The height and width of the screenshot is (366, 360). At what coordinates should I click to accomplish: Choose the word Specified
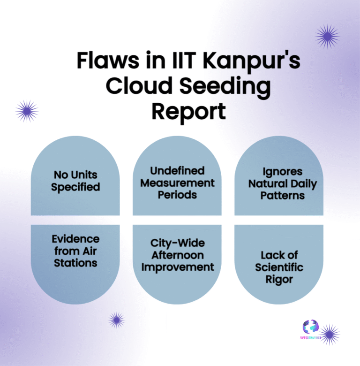click(x=75, y=187)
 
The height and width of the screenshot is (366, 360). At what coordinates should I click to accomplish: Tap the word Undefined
click(x=177, y=170)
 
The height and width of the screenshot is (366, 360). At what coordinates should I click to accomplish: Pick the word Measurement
click(x=177, y=183)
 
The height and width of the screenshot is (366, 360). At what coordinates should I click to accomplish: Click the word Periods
click(x=177, y=194)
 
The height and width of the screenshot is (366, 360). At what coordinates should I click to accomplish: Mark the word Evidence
click(x=75, y=239)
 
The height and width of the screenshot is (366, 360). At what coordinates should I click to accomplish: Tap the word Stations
click(x=75, y=263)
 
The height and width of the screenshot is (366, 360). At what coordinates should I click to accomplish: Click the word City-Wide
click(x=177, y=244)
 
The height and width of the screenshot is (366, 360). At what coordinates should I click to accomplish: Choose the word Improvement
click(x=177, y=267)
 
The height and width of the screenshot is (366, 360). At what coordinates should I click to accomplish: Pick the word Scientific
click(x=279, y=267)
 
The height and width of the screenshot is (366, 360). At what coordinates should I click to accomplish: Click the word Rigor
click(x=279, y=280)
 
